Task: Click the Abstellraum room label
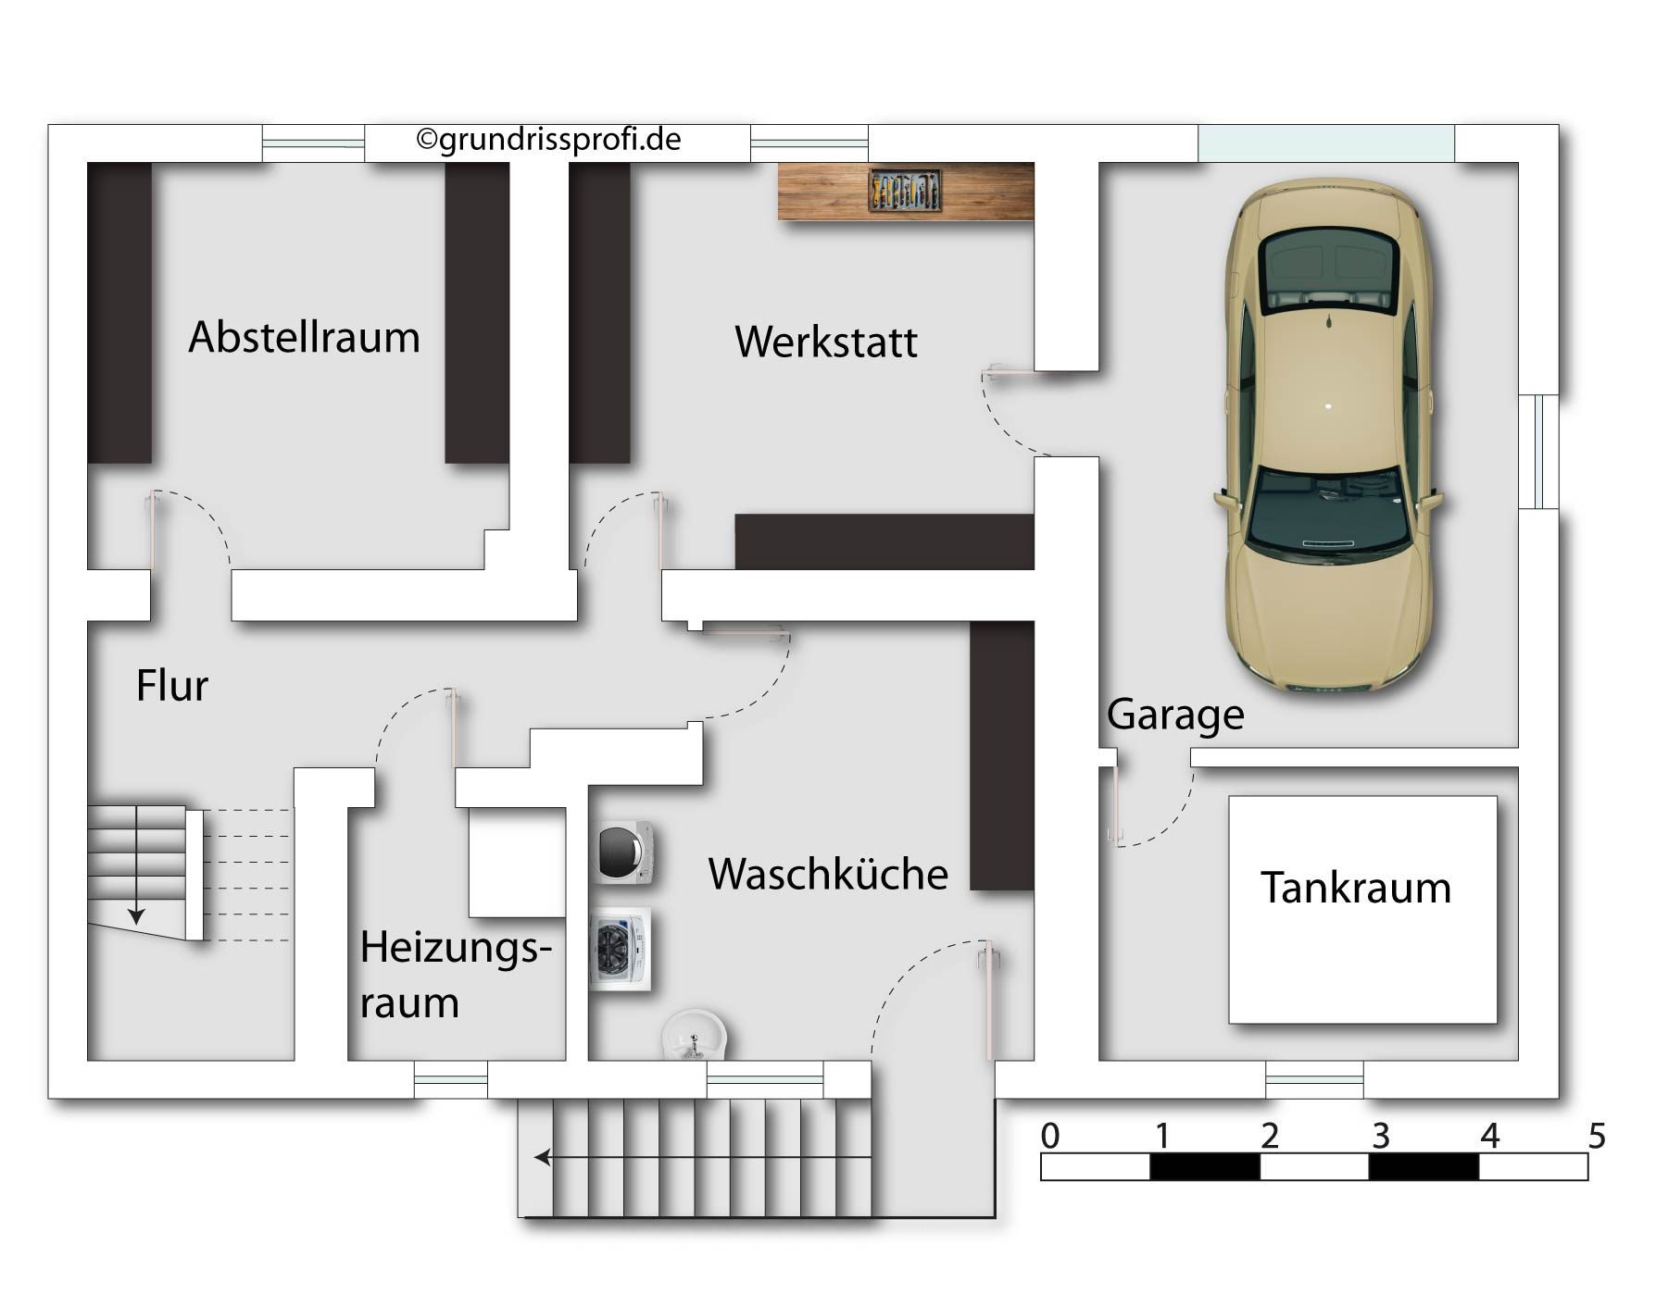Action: pyautogui.click(x=305, y=337)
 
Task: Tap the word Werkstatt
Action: pyautogui.click(x=826, y=342)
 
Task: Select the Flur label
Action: pyautogui.click(x=172, y=686)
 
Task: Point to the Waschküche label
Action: pyautogui.click(x=829, y=874)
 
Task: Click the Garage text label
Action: pyautogui.click(x=1175, y=715)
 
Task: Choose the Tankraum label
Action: pyautogui.click(x=1356, y=888)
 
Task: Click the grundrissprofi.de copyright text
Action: pyautogui.click(x=548, y=140)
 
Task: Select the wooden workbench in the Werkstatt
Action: pyautogui.click(x=906, y=191)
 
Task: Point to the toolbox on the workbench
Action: pyautogui.click(x=906, y=191)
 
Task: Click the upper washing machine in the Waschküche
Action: pyautogui.click(x=625, y=852)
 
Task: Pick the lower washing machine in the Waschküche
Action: pyautogui.click(x=621, y=949)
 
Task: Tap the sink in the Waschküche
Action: pyautogui.click(x=695, y=1036)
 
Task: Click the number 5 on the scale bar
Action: pyautogui.click(x=1597, y=1136)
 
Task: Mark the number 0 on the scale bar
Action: pyautogui.click(x=1050, y=1136)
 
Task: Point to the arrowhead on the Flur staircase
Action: pyautogui.click(x=136, y=916)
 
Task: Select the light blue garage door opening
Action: pyautogui.click(x=1326, y=143)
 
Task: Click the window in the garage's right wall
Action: pyautogui.click(x=1539, y=452)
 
